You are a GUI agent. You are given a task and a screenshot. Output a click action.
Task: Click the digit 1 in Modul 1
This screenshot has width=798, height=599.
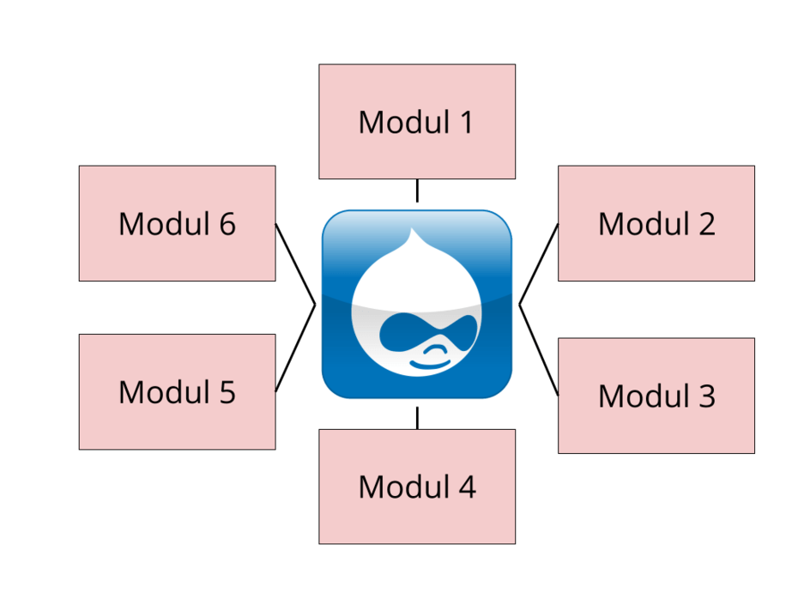click(464, 123)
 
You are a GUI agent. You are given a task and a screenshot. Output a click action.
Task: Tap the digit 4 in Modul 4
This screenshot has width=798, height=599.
click(466, 487)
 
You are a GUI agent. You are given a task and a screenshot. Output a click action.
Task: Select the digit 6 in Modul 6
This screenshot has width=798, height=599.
click(227, 224)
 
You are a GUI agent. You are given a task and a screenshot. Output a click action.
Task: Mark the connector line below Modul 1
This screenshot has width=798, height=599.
click(417, 191)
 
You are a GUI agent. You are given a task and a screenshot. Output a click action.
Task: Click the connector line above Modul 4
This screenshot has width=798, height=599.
click(417, 417)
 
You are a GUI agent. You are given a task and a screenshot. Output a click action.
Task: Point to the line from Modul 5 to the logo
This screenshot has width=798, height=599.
click(296, 348)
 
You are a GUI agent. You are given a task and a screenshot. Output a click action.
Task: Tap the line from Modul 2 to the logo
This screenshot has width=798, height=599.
click(538, 263)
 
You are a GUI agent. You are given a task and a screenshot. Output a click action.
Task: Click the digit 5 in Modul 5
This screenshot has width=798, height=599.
click(227, 392)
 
